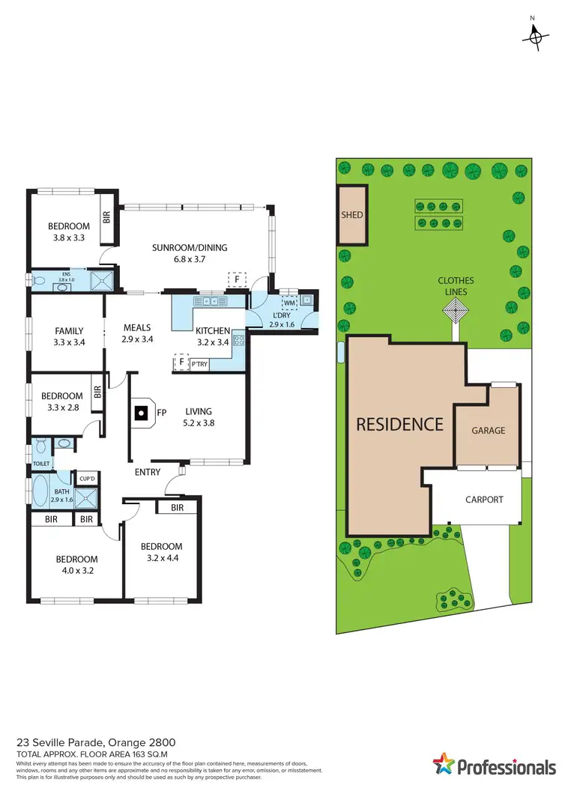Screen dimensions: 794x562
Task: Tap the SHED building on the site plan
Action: tap(352, 215)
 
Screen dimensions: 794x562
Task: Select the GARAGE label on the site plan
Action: tap(488, 431)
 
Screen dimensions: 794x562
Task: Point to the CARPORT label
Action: tap(484, 500)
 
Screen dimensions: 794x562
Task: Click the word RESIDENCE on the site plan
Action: tap(399, 424)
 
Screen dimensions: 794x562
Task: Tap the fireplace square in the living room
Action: tap(140, 411)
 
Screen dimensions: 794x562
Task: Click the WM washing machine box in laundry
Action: tap(289, 303)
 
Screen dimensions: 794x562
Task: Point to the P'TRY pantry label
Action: tap(199, 363)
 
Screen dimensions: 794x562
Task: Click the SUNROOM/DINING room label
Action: tap(189, 248)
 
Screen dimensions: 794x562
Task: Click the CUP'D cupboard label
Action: tap(87, 479)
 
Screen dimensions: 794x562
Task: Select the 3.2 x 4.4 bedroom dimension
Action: tap(162, 558)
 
